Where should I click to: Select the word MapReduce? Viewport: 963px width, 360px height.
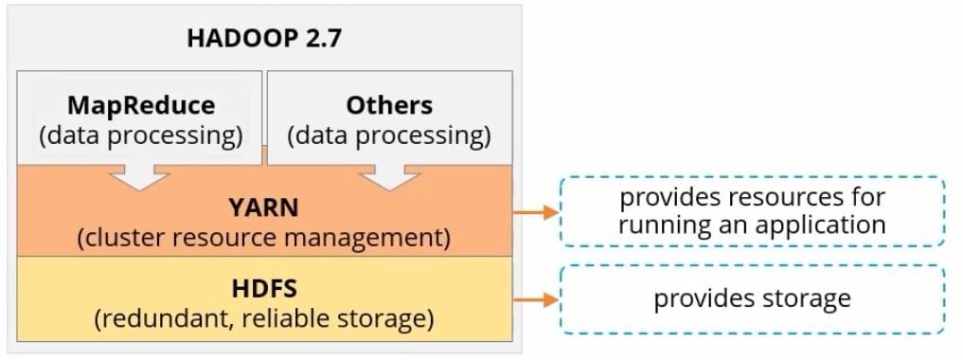141,104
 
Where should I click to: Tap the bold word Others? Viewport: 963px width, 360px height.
389,104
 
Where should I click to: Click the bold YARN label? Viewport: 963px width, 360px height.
263,207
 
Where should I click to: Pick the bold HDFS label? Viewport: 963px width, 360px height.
263,287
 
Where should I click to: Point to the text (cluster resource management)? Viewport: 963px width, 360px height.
263,236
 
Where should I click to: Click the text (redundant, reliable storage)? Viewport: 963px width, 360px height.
263,317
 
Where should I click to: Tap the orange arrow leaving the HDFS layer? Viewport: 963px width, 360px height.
535,300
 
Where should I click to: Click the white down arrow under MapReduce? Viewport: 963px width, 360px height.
141,175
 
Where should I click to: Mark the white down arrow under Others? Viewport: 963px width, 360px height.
389,175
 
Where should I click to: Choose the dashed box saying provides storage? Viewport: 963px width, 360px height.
752,299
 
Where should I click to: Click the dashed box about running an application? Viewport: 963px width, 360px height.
752,211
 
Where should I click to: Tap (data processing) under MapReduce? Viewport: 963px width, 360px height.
141,135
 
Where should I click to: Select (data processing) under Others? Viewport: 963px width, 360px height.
389,135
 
